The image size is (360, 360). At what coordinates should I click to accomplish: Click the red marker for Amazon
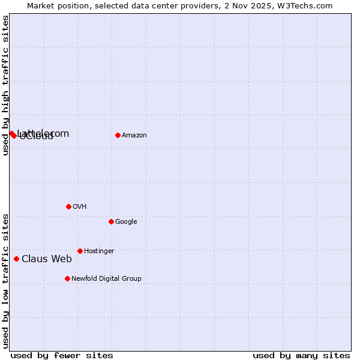point(118,135)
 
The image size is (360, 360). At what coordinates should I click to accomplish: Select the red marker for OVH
point(68,206)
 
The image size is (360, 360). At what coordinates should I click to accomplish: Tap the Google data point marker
point(111,221)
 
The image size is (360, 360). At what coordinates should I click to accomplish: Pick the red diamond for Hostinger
point(80,251)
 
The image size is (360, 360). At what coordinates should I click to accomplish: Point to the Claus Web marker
point(16,259)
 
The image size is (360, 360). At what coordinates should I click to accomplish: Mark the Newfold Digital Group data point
point(67,278)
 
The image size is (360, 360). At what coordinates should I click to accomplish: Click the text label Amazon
point(134,136)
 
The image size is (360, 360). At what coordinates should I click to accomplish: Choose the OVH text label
point(80,207)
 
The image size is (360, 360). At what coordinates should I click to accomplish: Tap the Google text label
point(126,222)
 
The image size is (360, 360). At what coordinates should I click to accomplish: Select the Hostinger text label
point(99,251)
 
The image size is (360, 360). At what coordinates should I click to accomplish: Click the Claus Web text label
point(47,259)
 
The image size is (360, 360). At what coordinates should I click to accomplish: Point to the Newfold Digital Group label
point(106,279)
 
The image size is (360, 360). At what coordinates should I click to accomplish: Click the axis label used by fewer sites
point(62,355)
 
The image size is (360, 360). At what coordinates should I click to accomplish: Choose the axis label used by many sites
point(301,355)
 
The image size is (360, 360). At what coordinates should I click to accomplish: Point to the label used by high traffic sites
point(5,85)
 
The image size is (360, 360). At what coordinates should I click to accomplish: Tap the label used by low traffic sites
point(5,280)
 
